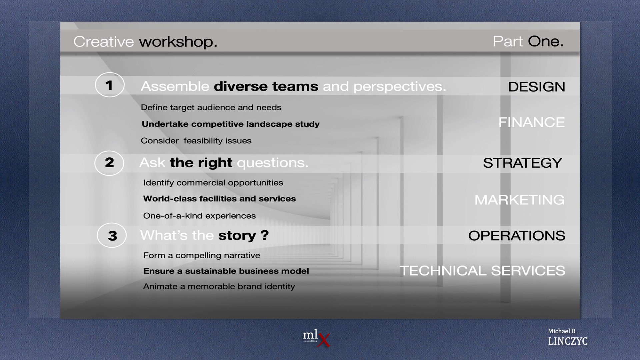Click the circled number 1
point(110,85)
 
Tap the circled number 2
point(109,163)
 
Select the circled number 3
point(112,235)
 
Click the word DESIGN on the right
point(536,87)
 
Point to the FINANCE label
point(532,122)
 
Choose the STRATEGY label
point(522,163)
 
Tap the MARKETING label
point(519,200)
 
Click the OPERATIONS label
point(517,236)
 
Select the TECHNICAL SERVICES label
point(482,271)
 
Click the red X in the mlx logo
point(324,340)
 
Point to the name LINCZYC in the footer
point(568,341)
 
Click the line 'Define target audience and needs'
point(211,107)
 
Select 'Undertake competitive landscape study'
point(231,124)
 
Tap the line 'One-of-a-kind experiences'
point(199,216)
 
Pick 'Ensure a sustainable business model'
point(226,271)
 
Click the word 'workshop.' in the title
point(178,42)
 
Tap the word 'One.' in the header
point(545,41)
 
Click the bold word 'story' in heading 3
point(237,236)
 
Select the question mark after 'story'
point(265,235)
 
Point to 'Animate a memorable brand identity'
point(219,287)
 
